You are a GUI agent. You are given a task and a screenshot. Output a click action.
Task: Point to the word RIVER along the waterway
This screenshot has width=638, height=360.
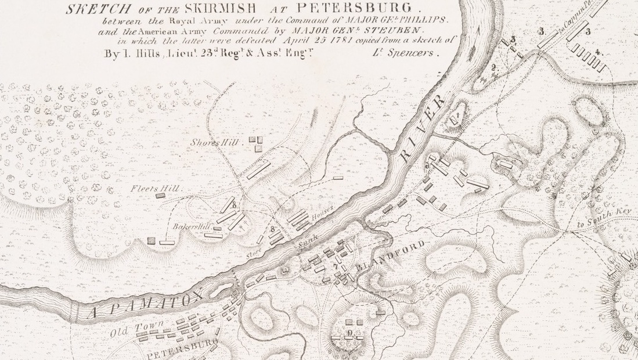click(x=424, y=128)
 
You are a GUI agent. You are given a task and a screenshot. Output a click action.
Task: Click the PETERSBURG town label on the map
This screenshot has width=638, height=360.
click(x=181, y=352)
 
